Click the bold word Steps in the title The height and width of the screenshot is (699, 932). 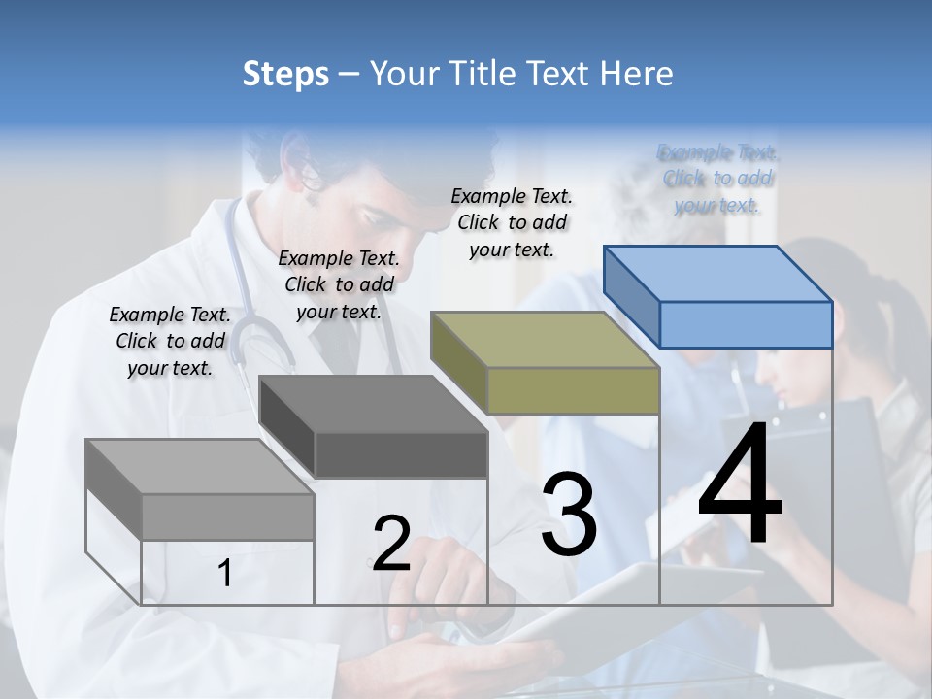tap(285, 73)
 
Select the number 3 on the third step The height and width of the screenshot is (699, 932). tap(569, 515)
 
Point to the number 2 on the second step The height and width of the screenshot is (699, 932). tap(391, 544)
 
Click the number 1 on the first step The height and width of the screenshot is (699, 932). tap(225, 574)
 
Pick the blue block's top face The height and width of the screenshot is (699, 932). tap(718, 272)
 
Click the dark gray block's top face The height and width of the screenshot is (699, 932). tap(374, 403)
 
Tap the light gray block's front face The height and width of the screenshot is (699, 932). tap(227, 516)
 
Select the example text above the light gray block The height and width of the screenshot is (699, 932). tap(171, 341)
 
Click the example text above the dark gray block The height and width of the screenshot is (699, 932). tap(339, 284)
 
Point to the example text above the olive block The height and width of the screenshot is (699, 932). tap(512, 222)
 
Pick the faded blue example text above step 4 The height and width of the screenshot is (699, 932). tap(717, 178)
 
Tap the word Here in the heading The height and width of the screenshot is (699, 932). tap(637, 73)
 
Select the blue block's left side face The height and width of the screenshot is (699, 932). tap(631, 296)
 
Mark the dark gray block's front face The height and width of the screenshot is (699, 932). tap(401, 455)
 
